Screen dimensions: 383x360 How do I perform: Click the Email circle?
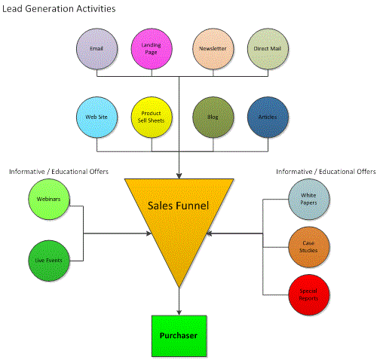pyautogui.click(x=97, y=49)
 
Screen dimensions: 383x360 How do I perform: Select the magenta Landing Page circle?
pyautogui.click(x=152, y=49)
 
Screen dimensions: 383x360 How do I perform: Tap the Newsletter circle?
pyautogui.click(x=213, y=49)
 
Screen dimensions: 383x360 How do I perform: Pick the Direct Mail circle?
pyautogui.click(x=268, y=49)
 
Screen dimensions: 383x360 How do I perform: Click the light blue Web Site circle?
pyautogui.click(x=97, y=117)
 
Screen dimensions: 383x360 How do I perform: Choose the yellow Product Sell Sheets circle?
pyautogui.click(x=152, y=117)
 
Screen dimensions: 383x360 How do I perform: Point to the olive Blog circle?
pyautogui.click(x=213, y=117)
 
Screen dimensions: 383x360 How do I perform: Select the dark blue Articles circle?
pyautogui.click(x=268, y=117)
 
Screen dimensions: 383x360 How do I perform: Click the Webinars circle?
pyautogui.click(x=49, y=200)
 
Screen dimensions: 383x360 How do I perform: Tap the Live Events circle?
pyautogui.click(x=49, y=261)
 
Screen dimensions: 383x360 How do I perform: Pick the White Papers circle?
pyautogui.click(x=309, y=200)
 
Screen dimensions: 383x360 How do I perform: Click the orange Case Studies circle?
pyautogui.click(x=309, y=247)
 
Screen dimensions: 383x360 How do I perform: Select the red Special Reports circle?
pyautogui.click(x=309, y=295)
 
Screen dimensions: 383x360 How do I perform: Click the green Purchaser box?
pyautogui.click(x=179, y=336)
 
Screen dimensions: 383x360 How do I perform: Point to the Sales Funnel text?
pyautogui.click(x=178, y=206)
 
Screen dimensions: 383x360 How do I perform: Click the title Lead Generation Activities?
pyautogui.click(x=59, y=9)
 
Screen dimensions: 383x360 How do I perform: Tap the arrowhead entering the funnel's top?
pyautogui.click(x=179, y=175)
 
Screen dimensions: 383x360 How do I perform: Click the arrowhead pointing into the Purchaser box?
pyautogui.click(x=179, y=313)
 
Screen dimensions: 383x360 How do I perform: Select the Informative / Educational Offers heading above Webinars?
pyautogui.click(x=59, y=172)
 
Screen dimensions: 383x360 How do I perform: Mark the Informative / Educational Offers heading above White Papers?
pyautogui.click(x=326, y=172)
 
